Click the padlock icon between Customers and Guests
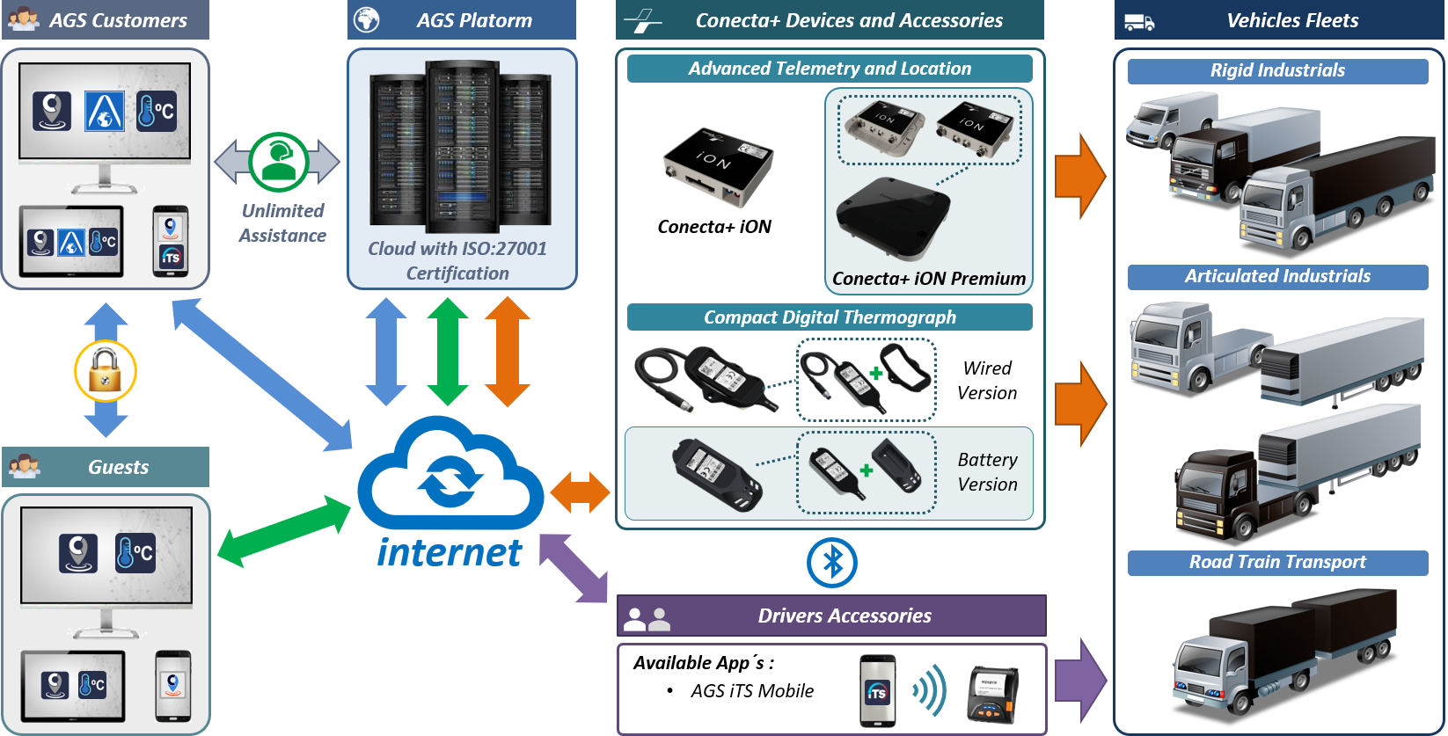pos(106,370)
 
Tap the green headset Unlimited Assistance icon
pos(278,162)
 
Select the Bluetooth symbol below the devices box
pos(831,563)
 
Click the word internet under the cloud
pos(450,553)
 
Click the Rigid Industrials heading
pos(1277,71)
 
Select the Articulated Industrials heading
pos(1277,277)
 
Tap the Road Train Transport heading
pos(1277,563)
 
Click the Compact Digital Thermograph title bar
pos(830,317)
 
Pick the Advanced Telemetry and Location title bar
pos(830,69)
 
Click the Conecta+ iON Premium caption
pos(929,279)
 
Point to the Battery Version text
pos(987,472)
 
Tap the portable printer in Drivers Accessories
pos(992,695)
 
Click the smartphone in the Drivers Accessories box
pos(877,691)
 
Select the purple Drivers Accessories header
pos(831,616)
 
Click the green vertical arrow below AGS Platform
pos(448,351)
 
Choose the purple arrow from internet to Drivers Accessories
pos(573,567)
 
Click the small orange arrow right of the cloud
pos(580,492)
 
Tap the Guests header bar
pos(106,467)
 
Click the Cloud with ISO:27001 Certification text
pos(457,261)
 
